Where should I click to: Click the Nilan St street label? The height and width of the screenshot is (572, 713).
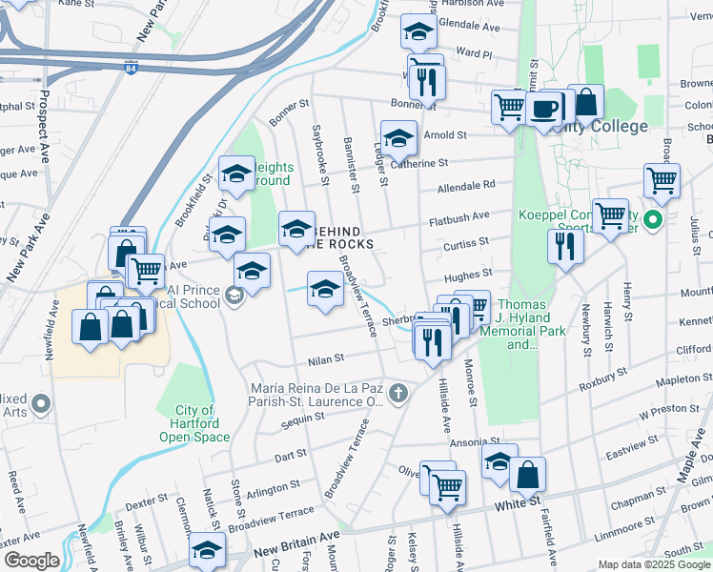pyautogui.click(x=326, y=358)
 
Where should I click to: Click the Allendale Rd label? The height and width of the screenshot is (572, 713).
pyautogui.click(x=467, y=184)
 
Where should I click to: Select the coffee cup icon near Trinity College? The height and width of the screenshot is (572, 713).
pyautogui.click(x=545, y=108)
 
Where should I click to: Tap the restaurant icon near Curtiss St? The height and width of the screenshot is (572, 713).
pyautogui.click(x=566, y=247)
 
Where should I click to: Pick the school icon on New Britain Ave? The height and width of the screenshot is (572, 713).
pyautogui.click(x=207, y=550)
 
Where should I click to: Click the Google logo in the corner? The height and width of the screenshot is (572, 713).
pyautogui.click(x=31, y=561)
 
